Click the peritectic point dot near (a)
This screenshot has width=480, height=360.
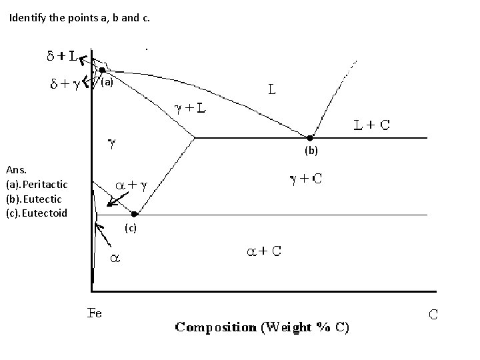point(103,69)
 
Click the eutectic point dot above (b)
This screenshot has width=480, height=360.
point(309,138)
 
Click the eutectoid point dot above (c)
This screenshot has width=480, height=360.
point(134,214)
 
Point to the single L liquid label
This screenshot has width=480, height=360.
point(273,87)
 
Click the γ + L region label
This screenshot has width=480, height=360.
point(190,107)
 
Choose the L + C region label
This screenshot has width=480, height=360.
point(372,125)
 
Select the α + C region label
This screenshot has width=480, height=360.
point(264,251)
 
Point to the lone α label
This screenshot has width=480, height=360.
point(115,257)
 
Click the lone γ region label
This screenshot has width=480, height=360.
point(113,143)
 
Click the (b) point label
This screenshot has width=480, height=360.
point(312,151)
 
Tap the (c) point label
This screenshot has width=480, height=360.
point(131,229)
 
